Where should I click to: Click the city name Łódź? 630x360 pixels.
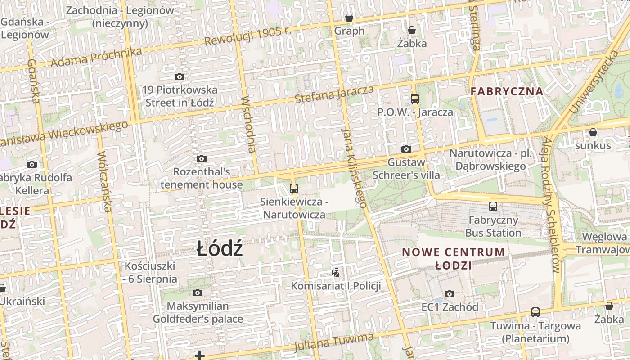(x=220, y=249)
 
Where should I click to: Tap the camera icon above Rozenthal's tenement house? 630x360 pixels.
(x=202, y=158)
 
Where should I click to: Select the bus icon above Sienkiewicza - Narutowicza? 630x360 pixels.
(x=294, y=188)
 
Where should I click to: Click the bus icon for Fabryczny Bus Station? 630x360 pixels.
(x=493, y=207)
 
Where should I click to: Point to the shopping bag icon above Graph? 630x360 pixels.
(x=349, y=18)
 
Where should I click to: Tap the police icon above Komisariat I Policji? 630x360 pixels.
(x=335, y=272)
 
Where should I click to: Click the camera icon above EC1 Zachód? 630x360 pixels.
(x=449, y=294)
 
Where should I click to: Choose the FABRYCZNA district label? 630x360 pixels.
(x=507, y=91)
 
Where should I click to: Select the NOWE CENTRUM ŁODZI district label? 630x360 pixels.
(x=454, y=258)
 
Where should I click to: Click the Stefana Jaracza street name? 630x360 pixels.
(x=334, y=94)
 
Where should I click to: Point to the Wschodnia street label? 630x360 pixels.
(x=248, y=124)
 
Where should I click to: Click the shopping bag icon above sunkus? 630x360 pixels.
(x=593, y=132)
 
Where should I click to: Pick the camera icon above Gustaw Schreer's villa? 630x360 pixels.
(x=406, y=149)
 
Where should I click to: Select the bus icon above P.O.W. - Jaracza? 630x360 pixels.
(x=414, y=99)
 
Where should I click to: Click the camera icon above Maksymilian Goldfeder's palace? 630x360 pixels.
(x=197, y=293)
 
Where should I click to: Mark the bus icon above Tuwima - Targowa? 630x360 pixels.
(x=535, y=312)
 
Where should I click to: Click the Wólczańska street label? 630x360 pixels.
(x=104, y=181)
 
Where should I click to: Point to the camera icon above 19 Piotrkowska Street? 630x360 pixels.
(x=180, y=77)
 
